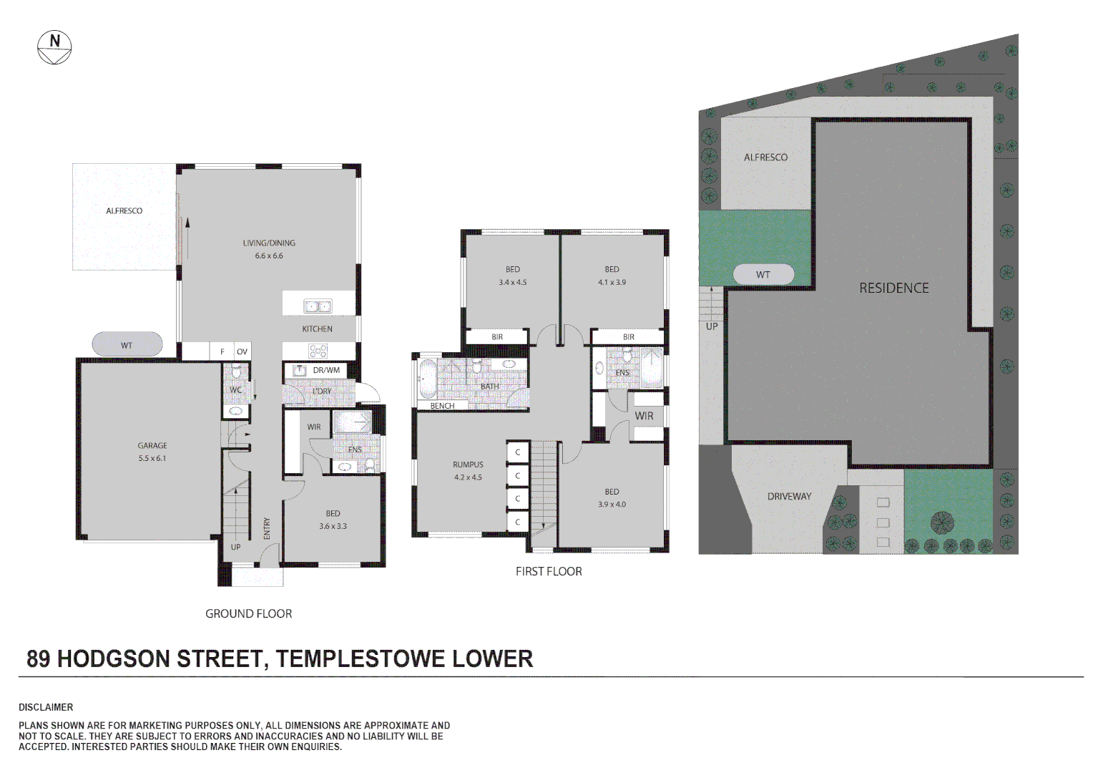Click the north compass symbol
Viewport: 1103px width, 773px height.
point(54,47)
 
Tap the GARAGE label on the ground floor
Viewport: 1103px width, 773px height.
point(152,445)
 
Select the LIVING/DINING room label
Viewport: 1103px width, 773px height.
point(269,243)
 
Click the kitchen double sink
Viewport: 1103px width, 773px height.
point(318,306)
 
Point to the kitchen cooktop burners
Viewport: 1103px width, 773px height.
point(318,351)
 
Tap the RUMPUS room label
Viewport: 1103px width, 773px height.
point(468,465)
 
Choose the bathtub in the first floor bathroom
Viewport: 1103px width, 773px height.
point(426,380)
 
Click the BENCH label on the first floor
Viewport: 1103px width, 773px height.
point(442,406)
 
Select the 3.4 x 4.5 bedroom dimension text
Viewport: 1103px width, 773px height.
point(513,282)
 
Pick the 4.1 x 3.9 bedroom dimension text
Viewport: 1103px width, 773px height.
point(612,282)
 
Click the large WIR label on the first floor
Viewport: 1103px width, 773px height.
point(644,416)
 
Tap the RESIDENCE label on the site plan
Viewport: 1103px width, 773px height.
point(893,288)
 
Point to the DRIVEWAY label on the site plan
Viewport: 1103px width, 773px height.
point(789,496)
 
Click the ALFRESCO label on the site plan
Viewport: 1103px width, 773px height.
point(765,157)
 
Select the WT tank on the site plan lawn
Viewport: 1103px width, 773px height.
point(763,274)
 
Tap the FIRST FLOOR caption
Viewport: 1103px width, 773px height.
point(549,571)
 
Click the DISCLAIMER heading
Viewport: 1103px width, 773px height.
point(46,707)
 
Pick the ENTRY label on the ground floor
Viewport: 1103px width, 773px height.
point(267,528)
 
